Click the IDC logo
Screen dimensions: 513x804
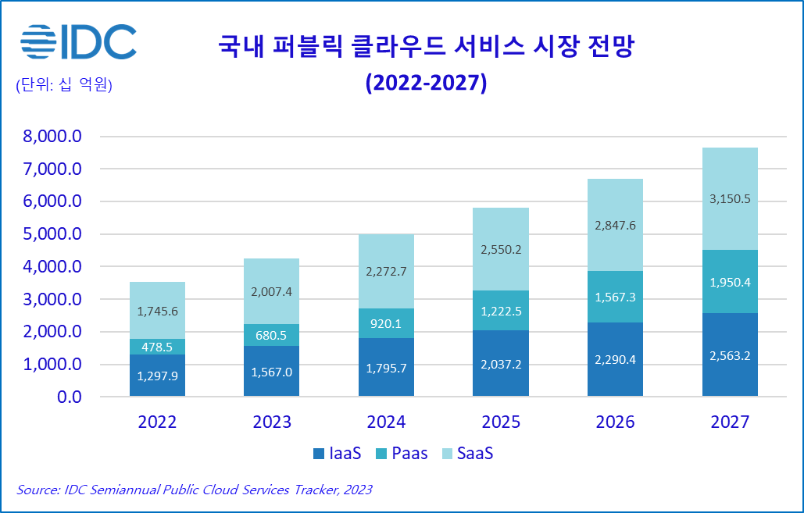click(78, 42)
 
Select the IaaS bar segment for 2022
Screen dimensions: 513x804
click(157, 376)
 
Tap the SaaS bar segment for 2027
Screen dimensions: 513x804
click(730, 198)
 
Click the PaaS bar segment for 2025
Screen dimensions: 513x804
click(501, 311)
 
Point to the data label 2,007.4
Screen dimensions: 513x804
click(272, 291)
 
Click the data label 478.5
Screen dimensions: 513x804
click(157, 347)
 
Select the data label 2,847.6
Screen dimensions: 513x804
click(616, 226)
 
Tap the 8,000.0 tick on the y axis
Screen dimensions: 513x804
click(52, 137)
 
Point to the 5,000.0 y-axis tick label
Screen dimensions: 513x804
click(52, 234)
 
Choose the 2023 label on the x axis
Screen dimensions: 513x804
click(272, 422)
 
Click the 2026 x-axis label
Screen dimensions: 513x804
click(616, 422)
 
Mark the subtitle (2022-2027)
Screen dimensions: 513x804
click(427, 83)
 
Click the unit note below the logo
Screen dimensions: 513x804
click(64, 85)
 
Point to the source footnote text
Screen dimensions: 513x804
click(194, 490)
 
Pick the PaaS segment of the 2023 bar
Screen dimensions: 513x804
click(272, 335)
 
